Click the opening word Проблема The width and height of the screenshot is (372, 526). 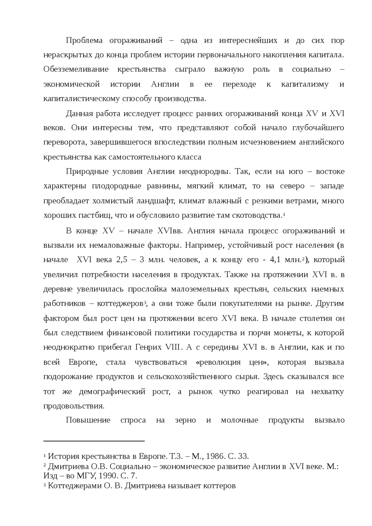pyautogui.click(x=84, y=40)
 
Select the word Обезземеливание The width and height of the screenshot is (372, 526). pyautogui.click(x=76, y=69)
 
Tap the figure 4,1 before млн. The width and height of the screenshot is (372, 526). pyautogui.click(x=275, y=260)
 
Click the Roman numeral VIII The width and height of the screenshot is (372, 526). pyautogui.click(x=173, y=347)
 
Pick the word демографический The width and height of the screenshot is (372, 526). pyautogui.click(x=112, y=392)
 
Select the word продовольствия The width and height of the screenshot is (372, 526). pyautogui.click(x=74, y=406)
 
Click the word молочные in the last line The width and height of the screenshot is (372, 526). pyautogui.click(x=239, y=420)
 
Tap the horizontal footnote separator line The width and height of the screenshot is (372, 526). pyautogui.click(x=94, y=441)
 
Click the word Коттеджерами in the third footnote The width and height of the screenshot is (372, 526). pyautogui.click(x=74, y=486)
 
